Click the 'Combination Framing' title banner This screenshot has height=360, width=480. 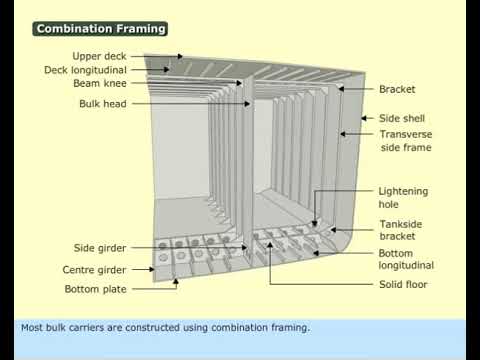click(x=100, y=29)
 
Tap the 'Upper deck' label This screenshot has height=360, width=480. click(x=99, y=56)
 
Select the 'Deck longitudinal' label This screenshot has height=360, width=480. click(x=85, y=70)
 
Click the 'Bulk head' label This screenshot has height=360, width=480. click(x=103, y=103)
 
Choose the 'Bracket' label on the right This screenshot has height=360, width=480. click(x=397, y=89)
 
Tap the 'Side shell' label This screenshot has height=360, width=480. click(x=401, y=118)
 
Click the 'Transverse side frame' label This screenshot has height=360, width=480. click(x=405, y=140)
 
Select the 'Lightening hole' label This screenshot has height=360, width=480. click(x=403, y=197)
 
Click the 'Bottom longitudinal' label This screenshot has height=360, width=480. click(x=406, y=259)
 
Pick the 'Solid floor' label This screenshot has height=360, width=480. click(x=403, y=284)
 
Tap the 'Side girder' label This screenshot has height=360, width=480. click(x=100, y=248)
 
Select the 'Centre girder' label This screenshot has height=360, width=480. click(x=94, y=270)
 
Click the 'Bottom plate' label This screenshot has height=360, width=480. click(x=96, y=289)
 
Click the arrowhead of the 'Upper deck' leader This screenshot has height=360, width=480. click(x=180, y=57)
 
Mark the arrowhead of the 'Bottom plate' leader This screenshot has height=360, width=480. click(x=177, y=282)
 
